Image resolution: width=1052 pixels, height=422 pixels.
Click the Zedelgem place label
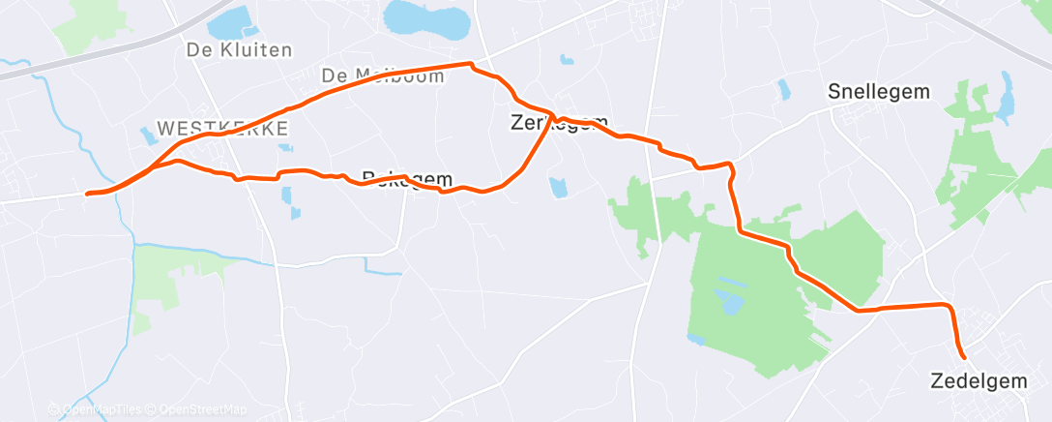pos(979,380)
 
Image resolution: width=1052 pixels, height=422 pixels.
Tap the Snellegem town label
pos(879,92)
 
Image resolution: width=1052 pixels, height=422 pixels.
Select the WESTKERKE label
pos(221,128)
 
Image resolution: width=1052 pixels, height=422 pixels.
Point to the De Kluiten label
pos(239,50)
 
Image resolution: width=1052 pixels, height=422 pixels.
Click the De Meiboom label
pos(383,75)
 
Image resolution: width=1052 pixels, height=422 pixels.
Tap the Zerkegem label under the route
pos(559,123)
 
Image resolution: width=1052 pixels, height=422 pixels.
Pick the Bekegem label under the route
pos(407,178)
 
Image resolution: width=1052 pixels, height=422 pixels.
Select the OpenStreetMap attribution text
pos(200,409)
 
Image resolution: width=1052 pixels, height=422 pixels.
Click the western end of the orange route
pos(88,194)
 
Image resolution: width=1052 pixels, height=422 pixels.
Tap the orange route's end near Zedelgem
pos(963,356)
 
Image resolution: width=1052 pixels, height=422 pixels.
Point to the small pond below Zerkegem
pos(557,187)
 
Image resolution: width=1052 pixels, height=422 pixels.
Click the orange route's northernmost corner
pos(471,65)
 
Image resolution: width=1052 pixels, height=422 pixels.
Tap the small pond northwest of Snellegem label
pos(783,90)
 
